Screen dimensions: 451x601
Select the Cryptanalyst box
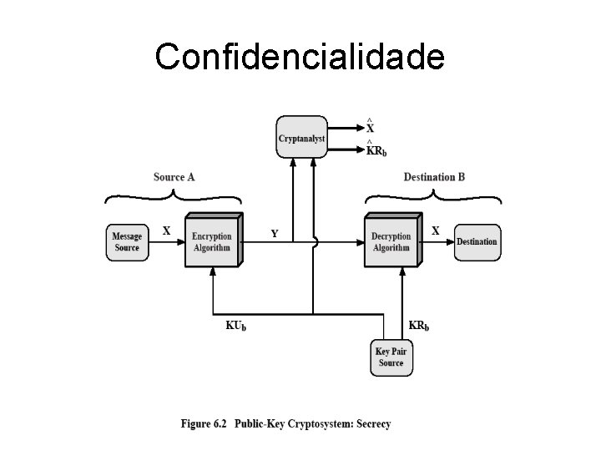click(x=301, y=138)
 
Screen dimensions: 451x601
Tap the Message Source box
click(x=126, y=241)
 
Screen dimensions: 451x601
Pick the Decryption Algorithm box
click(x=391, y=241)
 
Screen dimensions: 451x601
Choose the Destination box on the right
click(x=477, y=241)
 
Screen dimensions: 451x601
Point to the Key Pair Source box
click(x=391, y=357)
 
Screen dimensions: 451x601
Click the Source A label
click(x=174, y=177)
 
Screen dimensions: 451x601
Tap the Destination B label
click(x=434, y=177)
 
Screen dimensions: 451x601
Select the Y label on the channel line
click(x=275, y=234)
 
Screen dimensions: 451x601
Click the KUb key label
click(x=236, y=326)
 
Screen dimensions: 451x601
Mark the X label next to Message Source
click(x=165, y=231)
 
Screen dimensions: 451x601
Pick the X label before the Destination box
click(x=435, y=231)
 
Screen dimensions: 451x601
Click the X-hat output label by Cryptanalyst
click(x=370, y=127)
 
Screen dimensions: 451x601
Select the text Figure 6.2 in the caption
click(x=203, y=423)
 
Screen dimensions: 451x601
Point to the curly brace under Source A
click(x=173, y=196)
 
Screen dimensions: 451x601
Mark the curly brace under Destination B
click(x=434, y=196)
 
